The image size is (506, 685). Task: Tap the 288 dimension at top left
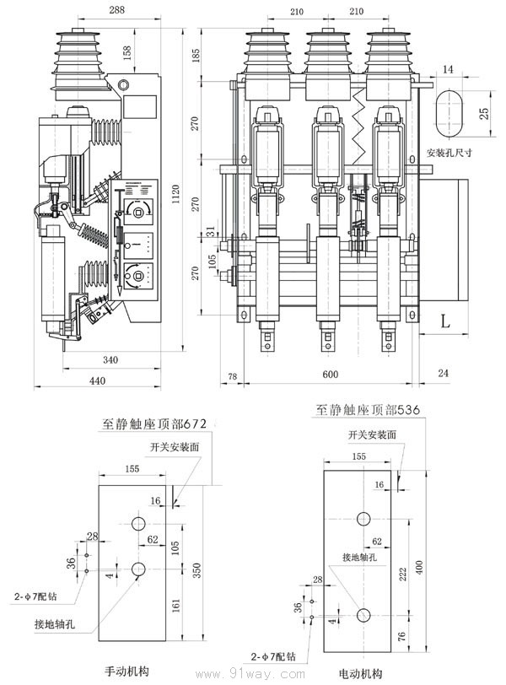(117, 11)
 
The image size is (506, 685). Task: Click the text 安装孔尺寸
(454, 154)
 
